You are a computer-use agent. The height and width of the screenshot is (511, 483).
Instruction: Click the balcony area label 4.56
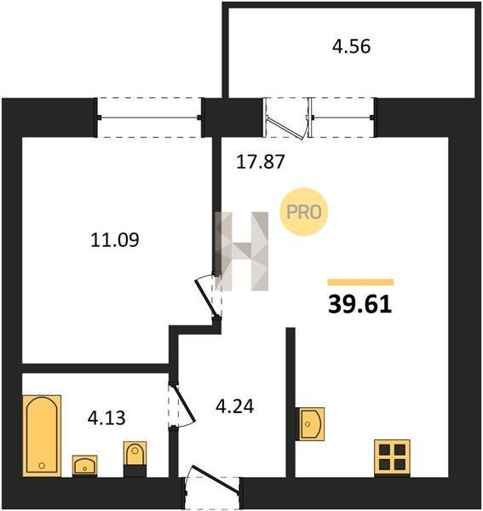click(x=351, y=47)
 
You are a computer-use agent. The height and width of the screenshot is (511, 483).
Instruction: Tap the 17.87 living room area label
click(x=261, y=162)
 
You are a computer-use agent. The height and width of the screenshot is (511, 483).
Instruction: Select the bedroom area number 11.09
click(x=115, y=240)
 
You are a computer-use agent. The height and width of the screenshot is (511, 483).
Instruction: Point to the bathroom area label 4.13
click(x=106, y=418)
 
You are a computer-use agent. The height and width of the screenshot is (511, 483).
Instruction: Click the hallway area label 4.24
click(x=234, y=406)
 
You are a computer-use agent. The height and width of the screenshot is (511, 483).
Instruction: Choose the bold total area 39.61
click(x=359, y=305)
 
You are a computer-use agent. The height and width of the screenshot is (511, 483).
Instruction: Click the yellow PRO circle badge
click(x=304, y=212)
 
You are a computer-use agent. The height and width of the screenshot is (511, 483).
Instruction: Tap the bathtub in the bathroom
click(x=42, y=436)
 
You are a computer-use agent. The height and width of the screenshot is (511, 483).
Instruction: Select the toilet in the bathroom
click(x=135, y=459)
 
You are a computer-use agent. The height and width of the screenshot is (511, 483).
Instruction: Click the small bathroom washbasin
click(x=84, y=465)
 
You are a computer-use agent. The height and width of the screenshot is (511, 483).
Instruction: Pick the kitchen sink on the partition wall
click(x=310, y=423)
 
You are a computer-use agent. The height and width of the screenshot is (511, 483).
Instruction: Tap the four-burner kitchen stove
click(x=392, y=457)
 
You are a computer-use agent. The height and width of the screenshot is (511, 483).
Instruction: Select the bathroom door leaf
click(x=183, y=404)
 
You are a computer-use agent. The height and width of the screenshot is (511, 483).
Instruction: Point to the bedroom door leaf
click(x=206, y=298)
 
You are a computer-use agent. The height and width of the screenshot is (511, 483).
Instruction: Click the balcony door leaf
click(x=286, y=128)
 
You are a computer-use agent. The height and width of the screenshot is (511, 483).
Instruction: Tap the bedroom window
click(x=150, y=118)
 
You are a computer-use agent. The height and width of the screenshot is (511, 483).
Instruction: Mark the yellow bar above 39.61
click(x=360, y=282)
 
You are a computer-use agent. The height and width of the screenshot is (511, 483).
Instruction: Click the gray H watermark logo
click(x=242, y=251)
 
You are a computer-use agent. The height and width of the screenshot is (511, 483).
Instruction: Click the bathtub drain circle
click(x=42, y=465)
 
